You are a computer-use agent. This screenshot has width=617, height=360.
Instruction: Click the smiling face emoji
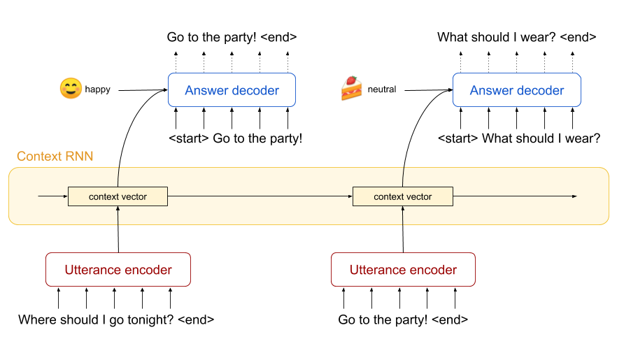tap(71, 88)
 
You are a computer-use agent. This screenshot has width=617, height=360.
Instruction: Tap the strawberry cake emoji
tap(351, 88)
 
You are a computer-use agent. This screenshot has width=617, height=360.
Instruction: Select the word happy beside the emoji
tap(98, 89)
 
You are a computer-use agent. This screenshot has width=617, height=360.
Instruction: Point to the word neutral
tap(382, 89)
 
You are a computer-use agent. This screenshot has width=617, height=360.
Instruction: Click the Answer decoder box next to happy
tap(232, 90)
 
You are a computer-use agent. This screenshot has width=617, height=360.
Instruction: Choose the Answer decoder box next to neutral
tap(517, 90)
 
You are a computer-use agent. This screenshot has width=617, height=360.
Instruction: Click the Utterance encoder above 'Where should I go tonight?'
tap(118, 270)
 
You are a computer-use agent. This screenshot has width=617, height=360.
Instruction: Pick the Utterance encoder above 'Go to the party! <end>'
tap(403, 270)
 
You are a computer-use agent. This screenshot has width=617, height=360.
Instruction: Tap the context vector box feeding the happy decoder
tap(118, 196)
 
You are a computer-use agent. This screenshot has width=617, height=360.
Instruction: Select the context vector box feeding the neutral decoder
tap(402, 196)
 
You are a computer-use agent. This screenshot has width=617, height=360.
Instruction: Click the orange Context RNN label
tap(55, 156)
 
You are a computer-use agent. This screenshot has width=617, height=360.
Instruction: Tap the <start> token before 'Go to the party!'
tap(188, 138)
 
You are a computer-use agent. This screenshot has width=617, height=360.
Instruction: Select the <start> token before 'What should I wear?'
tap(458, 138)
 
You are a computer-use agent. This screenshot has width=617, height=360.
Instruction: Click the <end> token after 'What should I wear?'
tap(578, 37)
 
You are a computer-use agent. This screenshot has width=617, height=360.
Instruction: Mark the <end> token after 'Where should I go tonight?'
tap(196, 320)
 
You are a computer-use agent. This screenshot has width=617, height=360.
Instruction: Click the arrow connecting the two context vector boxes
tap(260, 196)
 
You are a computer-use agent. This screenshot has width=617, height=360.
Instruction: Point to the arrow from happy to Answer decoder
tap(143, 90)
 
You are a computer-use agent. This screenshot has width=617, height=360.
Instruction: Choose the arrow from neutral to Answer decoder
tap(429, 90)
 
